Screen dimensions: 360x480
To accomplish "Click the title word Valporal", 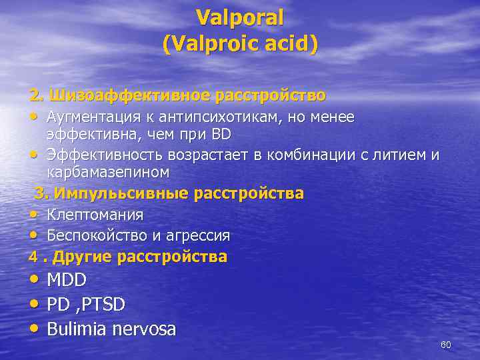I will pos(240,16).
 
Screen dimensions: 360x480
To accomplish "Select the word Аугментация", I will pos(89,117).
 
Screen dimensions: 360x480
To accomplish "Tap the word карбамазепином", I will pos(108,172).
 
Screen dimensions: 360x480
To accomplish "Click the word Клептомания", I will pos(95,215).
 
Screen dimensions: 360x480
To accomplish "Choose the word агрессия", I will pos(198,235).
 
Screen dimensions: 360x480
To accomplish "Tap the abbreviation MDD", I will pos(67,280).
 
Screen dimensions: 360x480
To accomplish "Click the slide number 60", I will pos(446,345).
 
